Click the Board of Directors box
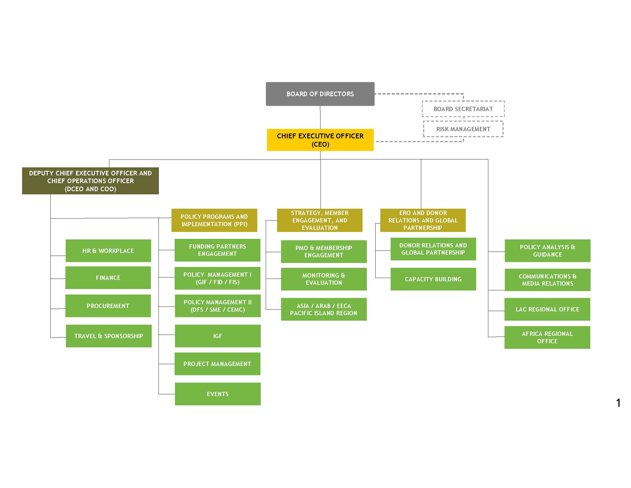(x=320, y=94)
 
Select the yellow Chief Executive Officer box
(x=320, y=140)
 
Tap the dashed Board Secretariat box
(x=463, y=109)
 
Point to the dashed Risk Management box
(x=463, y=129)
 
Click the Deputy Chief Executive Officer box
(x=90, y=181)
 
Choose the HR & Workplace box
(x=108, y=251)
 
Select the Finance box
(x=108, y=278)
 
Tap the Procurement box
(x=108, y=306)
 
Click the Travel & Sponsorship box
(x=109, y=336)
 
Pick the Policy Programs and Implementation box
(x=214, y=220)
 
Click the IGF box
(x=218, y=336)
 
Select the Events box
(x=218, y=394)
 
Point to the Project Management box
(x=217, y=364)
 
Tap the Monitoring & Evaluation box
(x=324, y=279)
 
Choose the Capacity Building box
(x=433, y=279)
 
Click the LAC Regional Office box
(x=547, y=309)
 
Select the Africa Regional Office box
(x=547, y=337)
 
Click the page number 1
(x=618, y=403)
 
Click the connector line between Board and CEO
(x=320, y=117)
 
